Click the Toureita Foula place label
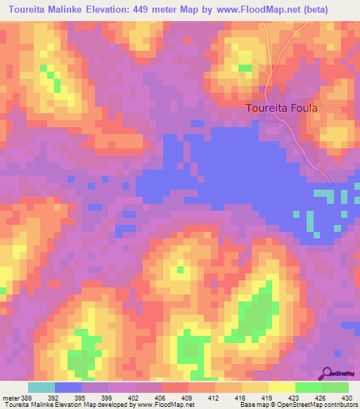[x=282, y=108]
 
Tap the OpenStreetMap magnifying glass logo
[x=327, y=373]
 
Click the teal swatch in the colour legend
[x=41, y=387]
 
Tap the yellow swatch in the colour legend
[x=281, y=387]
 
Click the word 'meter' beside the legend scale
[x=11, y=397]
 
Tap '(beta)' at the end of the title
[x=333, y=11]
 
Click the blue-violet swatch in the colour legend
[x=68, y=387]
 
